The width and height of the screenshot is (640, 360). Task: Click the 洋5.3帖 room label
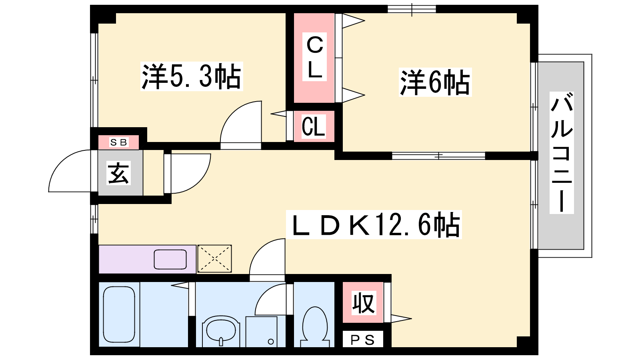click(192, 76)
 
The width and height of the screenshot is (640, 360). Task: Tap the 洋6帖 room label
click(435, 82)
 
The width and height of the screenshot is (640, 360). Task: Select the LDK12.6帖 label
click(374, 224)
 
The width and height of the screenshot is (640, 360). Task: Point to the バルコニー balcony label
click(562, 152)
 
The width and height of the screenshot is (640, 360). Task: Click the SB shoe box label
click(119, 142)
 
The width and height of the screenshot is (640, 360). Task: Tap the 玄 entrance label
click(118, 173)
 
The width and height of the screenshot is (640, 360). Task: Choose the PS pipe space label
click(362, 340)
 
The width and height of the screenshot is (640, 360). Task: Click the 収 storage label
click(363, 303)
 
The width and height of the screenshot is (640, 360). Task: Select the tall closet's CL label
click(314, 57)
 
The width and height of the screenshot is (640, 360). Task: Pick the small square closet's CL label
click(314, 126)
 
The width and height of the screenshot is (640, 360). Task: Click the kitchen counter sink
click(170, 260)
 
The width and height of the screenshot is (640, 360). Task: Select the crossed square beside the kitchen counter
click(214, 258)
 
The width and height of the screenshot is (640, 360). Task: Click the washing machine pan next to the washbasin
click(262, 332)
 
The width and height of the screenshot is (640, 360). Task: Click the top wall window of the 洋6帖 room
click(412, 9)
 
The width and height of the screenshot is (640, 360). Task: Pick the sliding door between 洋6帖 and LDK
click(438, 156)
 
